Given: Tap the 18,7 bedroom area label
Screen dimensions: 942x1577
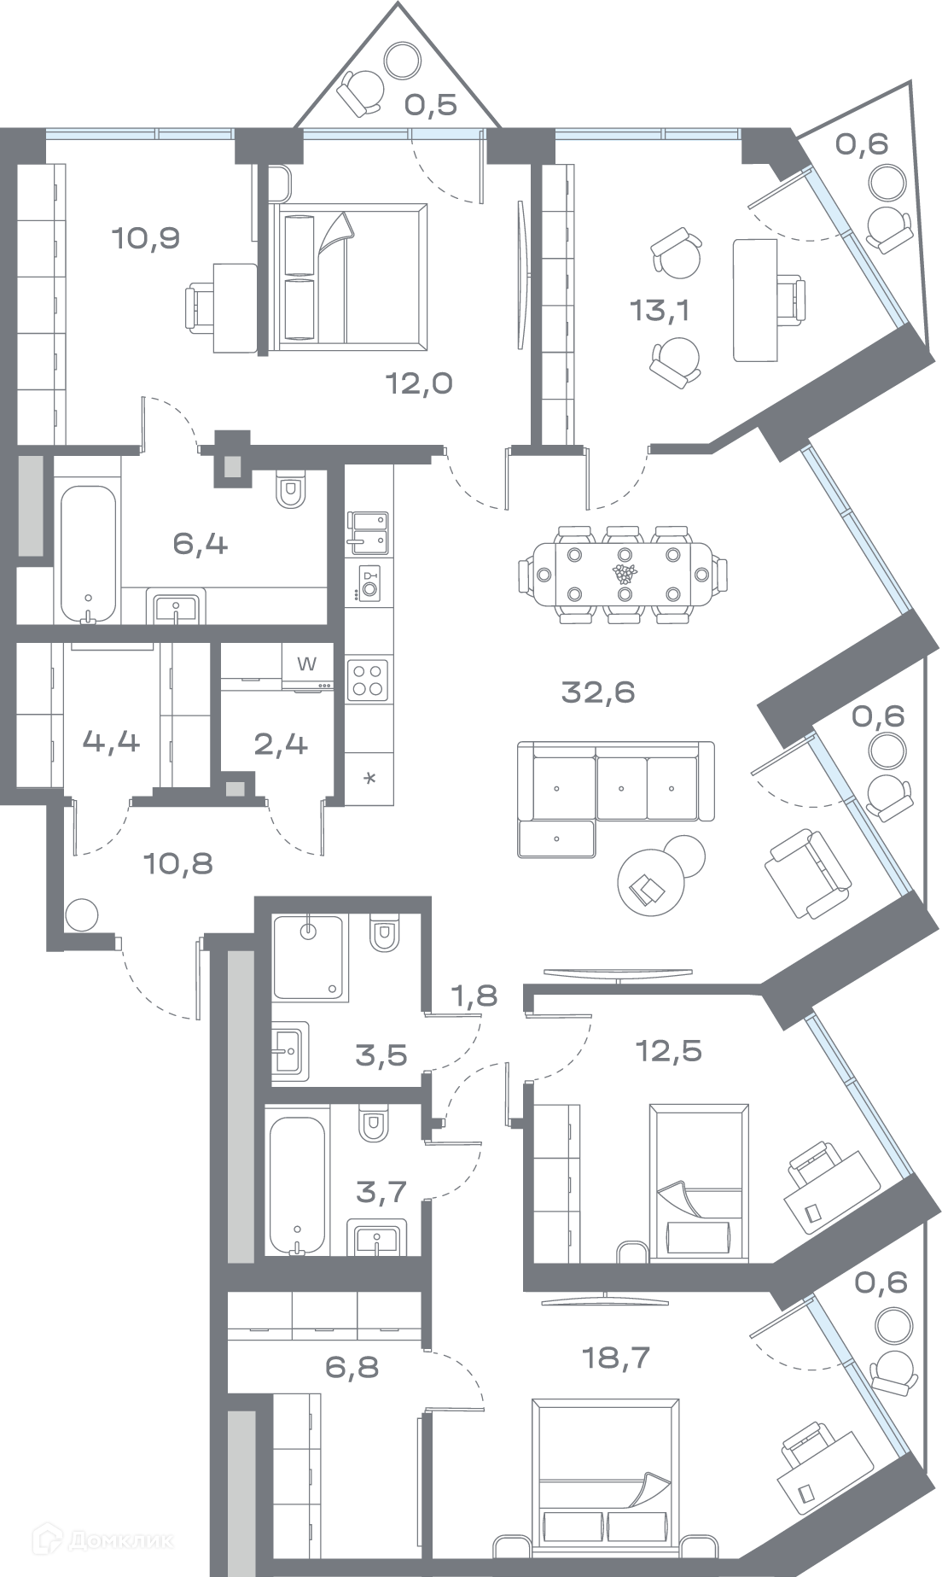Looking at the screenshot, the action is pyautogui.click(x=615, y=1358).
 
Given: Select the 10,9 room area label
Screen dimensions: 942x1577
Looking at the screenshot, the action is pyautogui.click(x=146, y=237).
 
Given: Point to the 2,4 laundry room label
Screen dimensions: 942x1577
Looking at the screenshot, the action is pyautogui.click(x=281, y=745).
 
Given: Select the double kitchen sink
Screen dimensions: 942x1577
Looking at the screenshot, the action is pyautogui.click(x=369, y=532).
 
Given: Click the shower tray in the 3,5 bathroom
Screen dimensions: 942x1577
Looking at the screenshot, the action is pyautogui.click(x=309, y=958).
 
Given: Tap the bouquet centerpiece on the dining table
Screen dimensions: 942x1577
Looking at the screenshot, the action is pyautogui.click(x=625, y=573).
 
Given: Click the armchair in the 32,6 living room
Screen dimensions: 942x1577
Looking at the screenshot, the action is pyautogui.click(x=806, y=873).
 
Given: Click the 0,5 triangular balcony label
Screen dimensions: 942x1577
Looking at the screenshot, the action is pyautogui.click(x=431, y=105).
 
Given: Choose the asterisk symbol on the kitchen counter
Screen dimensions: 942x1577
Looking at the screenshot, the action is pyautogui.click(x=369, y=779).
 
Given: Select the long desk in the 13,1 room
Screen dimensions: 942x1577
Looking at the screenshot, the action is pyautogui.click(x=755, y=300).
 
